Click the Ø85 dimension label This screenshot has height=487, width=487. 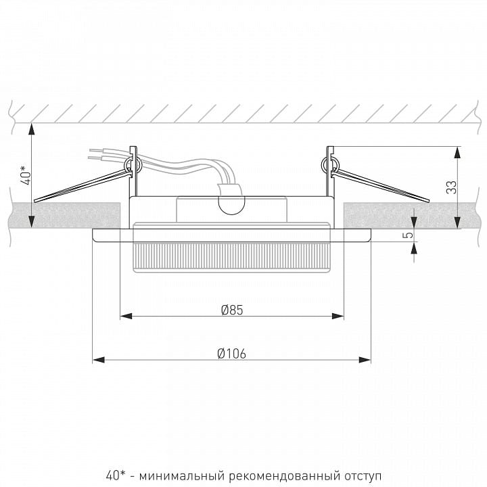point(232,310)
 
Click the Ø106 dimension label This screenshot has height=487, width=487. point(232,354)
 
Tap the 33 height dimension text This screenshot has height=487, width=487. point(452,187)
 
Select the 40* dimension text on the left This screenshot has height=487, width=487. point(26,175)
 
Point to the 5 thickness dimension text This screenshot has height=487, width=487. point(409,235)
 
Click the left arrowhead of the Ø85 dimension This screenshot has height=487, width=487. point(126,316)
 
